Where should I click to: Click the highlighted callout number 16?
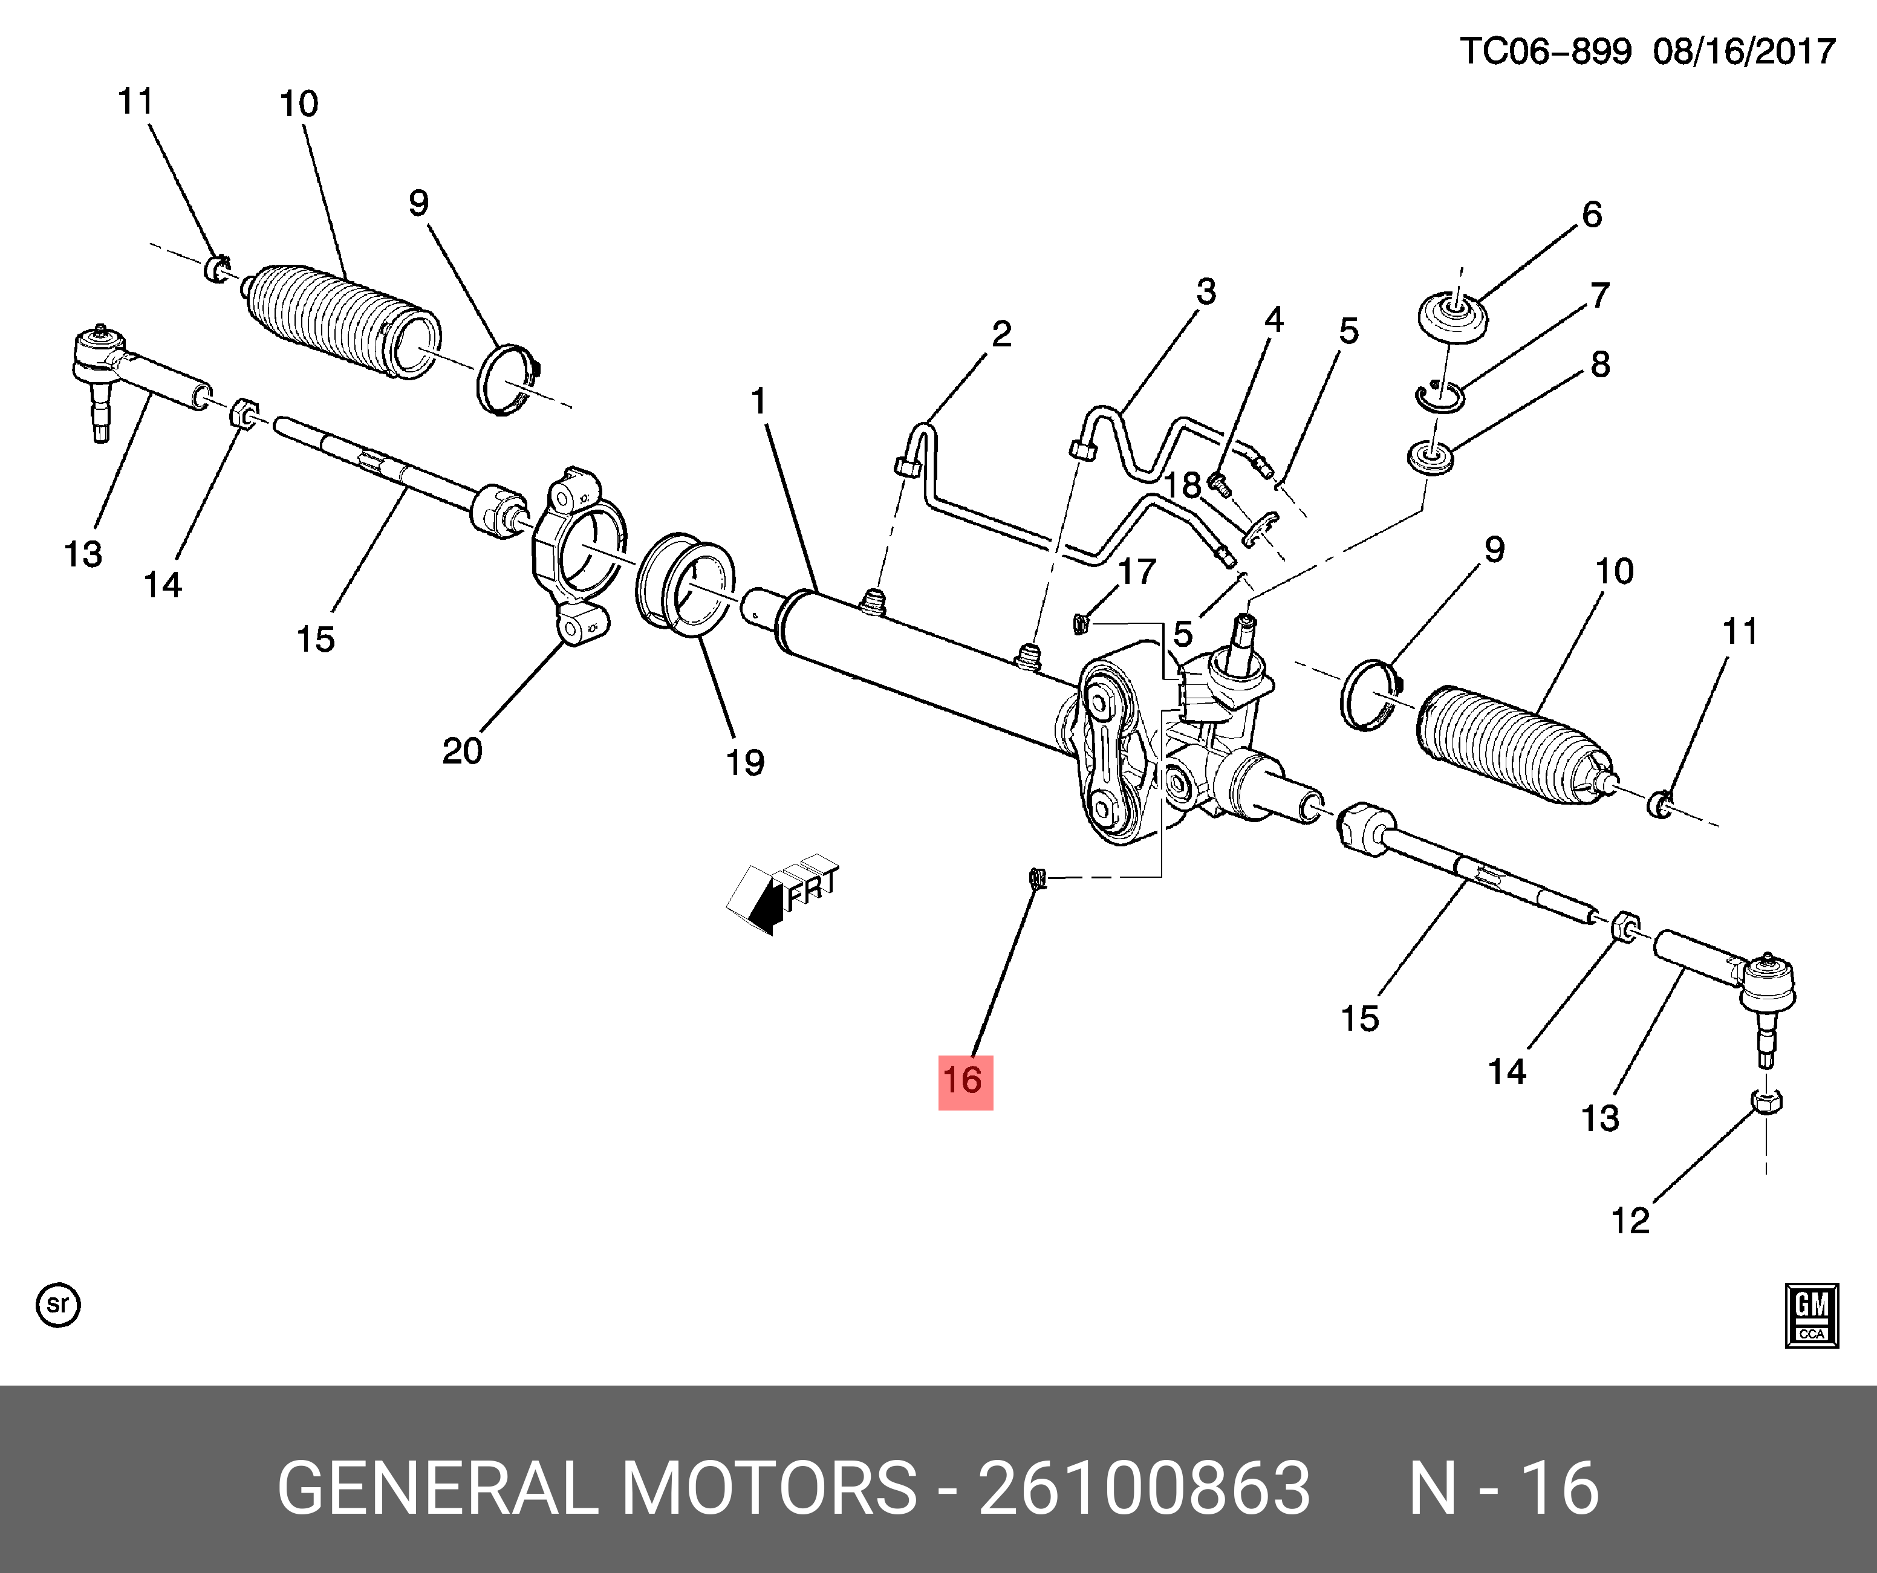tap(965, 1082)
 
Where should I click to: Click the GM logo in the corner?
tap(1811, 1315)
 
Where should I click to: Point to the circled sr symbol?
tap(58, 1305)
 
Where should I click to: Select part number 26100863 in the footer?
tap(1144, 1489)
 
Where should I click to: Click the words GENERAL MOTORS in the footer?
tap(597, 1489)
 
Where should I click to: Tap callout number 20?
tap(462, 751)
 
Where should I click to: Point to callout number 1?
tap(759, 401)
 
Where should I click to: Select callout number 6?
tap(1592, 215)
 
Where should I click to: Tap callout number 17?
tap(1137, 571)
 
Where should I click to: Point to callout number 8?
tap(1600, 365)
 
